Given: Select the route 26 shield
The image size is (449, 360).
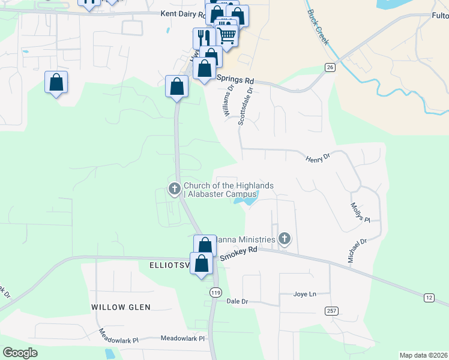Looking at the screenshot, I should point(330,67).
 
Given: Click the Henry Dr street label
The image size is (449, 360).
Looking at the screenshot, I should point(318,158).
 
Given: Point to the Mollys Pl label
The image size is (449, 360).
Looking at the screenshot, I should point(359,211).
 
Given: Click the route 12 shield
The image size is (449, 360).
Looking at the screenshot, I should point(428,298).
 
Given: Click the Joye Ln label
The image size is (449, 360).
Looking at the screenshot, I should point(304,294).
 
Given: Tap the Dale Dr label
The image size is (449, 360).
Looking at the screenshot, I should point(237,302).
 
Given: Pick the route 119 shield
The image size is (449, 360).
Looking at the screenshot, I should point(216,292).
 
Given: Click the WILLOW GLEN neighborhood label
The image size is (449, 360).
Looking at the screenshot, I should point(121,307).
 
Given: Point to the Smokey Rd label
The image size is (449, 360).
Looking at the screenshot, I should point(238,254).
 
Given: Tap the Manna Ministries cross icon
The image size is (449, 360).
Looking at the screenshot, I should point(285,240).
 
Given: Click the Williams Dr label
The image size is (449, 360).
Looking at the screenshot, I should point(227,101).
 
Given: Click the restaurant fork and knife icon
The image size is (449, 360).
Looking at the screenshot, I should point(203,37).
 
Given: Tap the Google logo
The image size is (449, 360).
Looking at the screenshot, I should point(20,353).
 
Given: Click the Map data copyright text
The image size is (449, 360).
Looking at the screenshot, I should point(423,355).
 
